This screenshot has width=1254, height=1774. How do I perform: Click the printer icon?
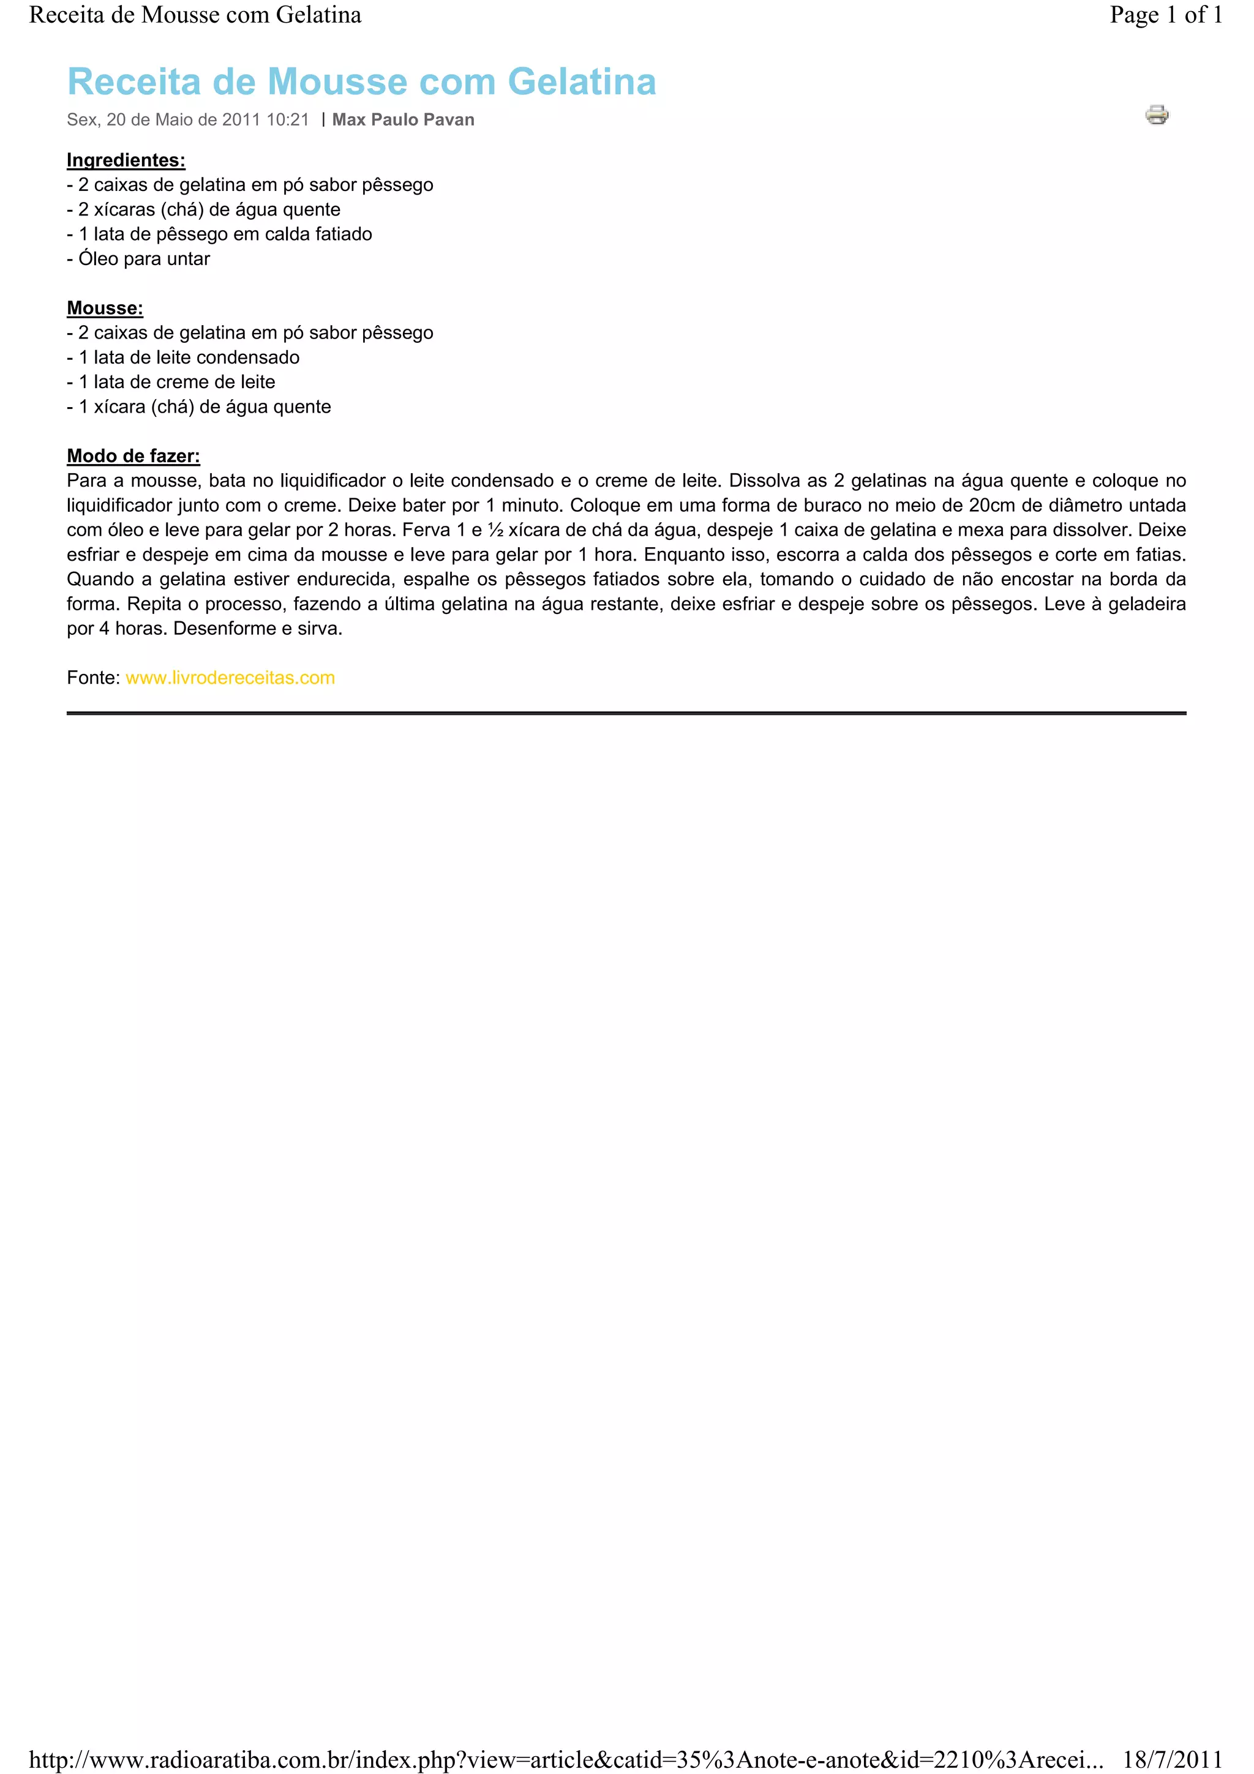click(1156, 115)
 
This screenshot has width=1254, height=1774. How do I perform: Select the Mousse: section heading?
click(105, 309)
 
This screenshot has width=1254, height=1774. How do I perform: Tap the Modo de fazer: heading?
click(133, 456)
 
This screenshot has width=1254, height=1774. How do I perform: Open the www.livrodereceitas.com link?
click(230, 678)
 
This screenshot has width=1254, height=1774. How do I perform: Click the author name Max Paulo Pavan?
click(404, 120)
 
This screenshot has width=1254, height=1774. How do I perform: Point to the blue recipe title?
click(362, 82)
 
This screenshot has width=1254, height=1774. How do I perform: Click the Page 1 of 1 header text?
click(1165, 15)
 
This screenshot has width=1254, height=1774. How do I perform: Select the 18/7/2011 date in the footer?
click(1172, 1759)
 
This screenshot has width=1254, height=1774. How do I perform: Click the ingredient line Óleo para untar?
click(139, 259)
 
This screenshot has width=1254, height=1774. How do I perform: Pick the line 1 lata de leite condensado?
click(184, 357)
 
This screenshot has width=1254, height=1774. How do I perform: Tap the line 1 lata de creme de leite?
click(171, 382)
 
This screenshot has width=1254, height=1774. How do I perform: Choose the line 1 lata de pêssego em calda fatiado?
click(220, 234)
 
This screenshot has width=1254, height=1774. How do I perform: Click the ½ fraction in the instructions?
click(495, 530)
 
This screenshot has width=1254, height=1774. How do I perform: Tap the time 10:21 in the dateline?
click(287, 120)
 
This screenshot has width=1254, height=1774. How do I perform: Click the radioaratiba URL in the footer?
click(566, 1759)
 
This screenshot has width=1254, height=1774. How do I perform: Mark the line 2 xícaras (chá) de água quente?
click(204, 209)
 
